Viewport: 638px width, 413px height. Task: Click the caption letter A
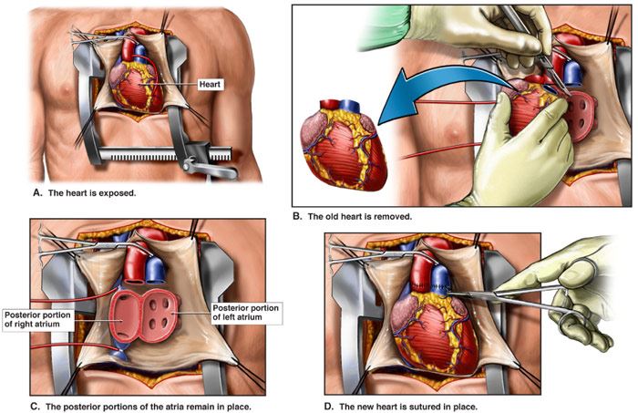37,192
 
